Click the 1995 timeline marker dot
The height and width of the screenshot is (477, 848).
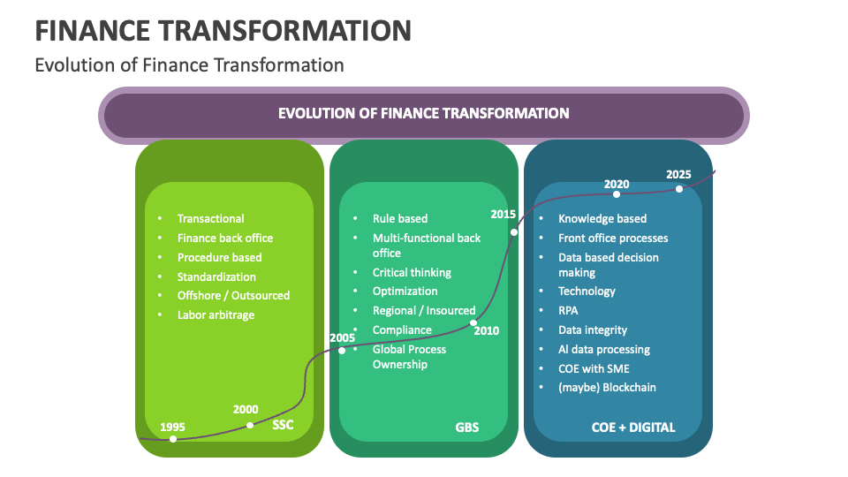point(173,439)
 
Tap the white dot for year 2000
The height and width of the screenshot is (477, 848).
point(250,425)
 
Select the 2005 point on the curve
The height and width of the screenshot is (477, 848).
point(342,351)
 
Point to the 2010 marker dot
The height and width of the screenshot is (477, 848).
point(473,322)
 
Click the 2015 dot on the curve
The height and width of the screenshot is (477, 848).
point(514,232)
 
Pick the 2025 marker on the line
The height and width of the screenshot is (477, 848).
point(679,188)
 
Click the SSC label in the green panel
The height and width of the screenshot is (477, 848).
point(283,426)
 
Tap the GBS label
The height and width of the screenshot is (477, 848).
point(467,428)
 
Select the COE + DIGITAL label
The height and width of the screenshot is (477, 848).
point(633,428)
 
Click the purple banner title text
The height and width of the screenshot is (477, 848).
point(423,113)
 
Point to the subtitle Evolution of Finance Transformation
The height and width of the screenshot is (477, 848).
point(189,64)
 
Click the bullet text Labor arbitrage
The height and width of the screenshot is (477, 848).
point(216,315)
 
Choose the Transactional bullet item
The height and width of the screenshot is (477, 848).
point(211,218)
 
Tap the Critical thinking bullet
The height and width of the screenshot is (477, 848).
point(412,272)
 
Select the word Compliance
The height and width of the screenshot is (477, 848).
point(402,330)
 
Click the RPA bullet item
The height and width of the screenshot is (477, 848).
point(569,311)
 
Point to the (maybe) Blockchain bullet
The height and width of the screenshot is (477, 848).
point(607,388)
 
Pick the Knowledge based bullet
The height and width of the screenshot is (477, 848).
point(602,218)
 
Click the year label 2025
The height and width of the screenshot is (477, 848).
point(678,174)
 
